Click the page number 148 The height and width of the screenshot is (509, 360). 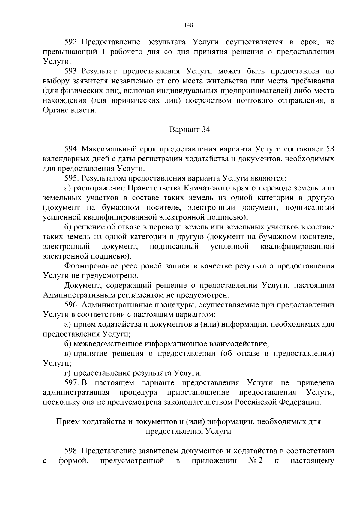(x=189, y=25)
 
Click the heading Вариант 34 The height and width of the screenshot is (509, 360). (x=190, y=130)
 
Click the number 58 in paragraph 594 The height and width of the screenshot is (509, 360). (x=329, y=149)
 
